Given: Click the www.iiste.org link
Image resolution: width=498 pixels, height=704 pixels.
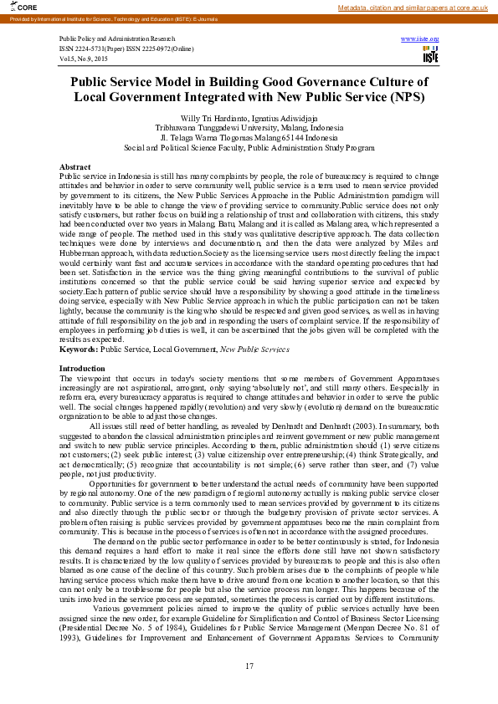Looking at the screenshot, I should (420, 39).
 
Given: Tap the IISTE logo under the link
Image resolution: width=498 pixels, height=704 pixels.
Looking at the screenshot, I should (430, 56).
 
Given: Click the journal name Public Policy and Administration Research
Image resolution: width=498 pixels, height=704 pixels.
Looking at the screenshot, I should (117, 39).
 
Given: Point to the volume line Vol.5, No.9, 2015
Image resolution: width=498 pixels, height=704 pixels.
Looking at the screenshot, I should (83, 59).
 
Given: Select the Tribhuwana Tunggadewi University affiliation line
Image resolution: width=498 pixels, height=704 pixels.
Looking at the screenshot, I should (249, 128).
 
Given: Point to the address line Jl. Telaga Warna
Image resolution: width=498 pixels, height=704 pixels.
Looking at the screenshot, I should (249, 138).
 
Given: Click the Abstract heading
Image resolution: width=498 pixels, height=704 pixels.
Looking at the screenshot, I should (75, 167).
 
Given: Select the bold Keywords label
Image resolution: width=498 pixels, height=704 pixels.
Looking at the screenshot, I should (79, 349).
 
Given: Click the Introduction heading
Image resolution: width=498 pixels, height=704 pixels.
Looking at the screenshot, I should (83, 369).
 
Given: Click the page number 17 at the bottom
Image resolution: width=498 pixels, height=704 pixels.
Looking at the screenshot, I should (249, 666).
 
